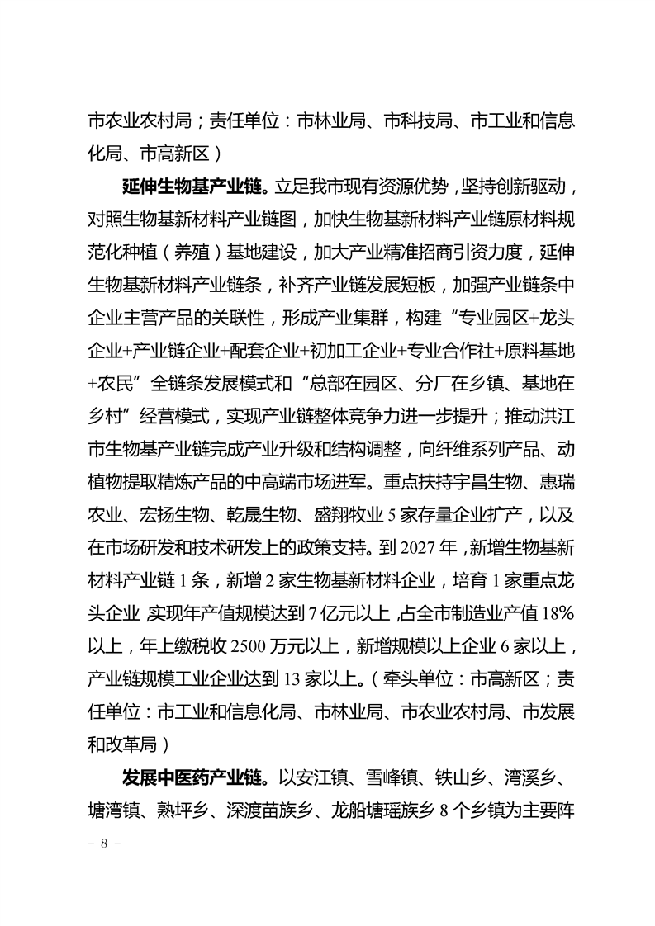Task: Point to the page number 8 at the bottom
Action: pos(104,844)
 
